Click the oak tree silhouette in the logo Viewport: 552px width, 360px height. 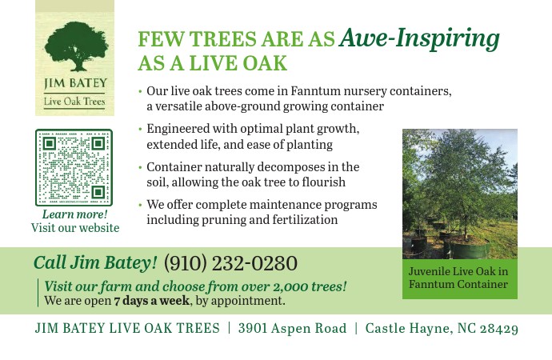(76, 46)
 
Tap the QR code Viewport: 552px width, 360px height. (74, 167)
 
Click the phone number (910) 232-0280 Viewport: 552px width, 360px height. (230, 263)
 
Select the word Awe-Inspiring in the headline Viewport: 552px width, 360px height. (419, 38)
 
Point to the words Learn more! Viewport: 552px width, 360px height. (75, 214)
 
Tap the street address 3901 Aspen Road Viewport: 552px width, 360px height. (292, 328)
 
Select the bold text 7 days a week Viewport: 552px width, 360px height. (151, 301)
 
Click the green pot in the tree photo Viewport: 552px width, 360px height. (467, 247)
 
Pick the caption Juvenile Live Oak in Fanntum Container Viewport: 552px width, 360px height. (458, 278)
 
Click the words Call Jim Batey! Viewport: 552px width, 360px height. (95, 263)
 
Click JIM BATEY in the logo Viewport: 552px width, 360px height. (75, 83)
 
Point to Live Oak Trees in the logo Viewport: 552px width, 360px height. (74, 102)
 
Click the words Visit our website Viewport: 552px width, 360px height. (75, 228)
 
